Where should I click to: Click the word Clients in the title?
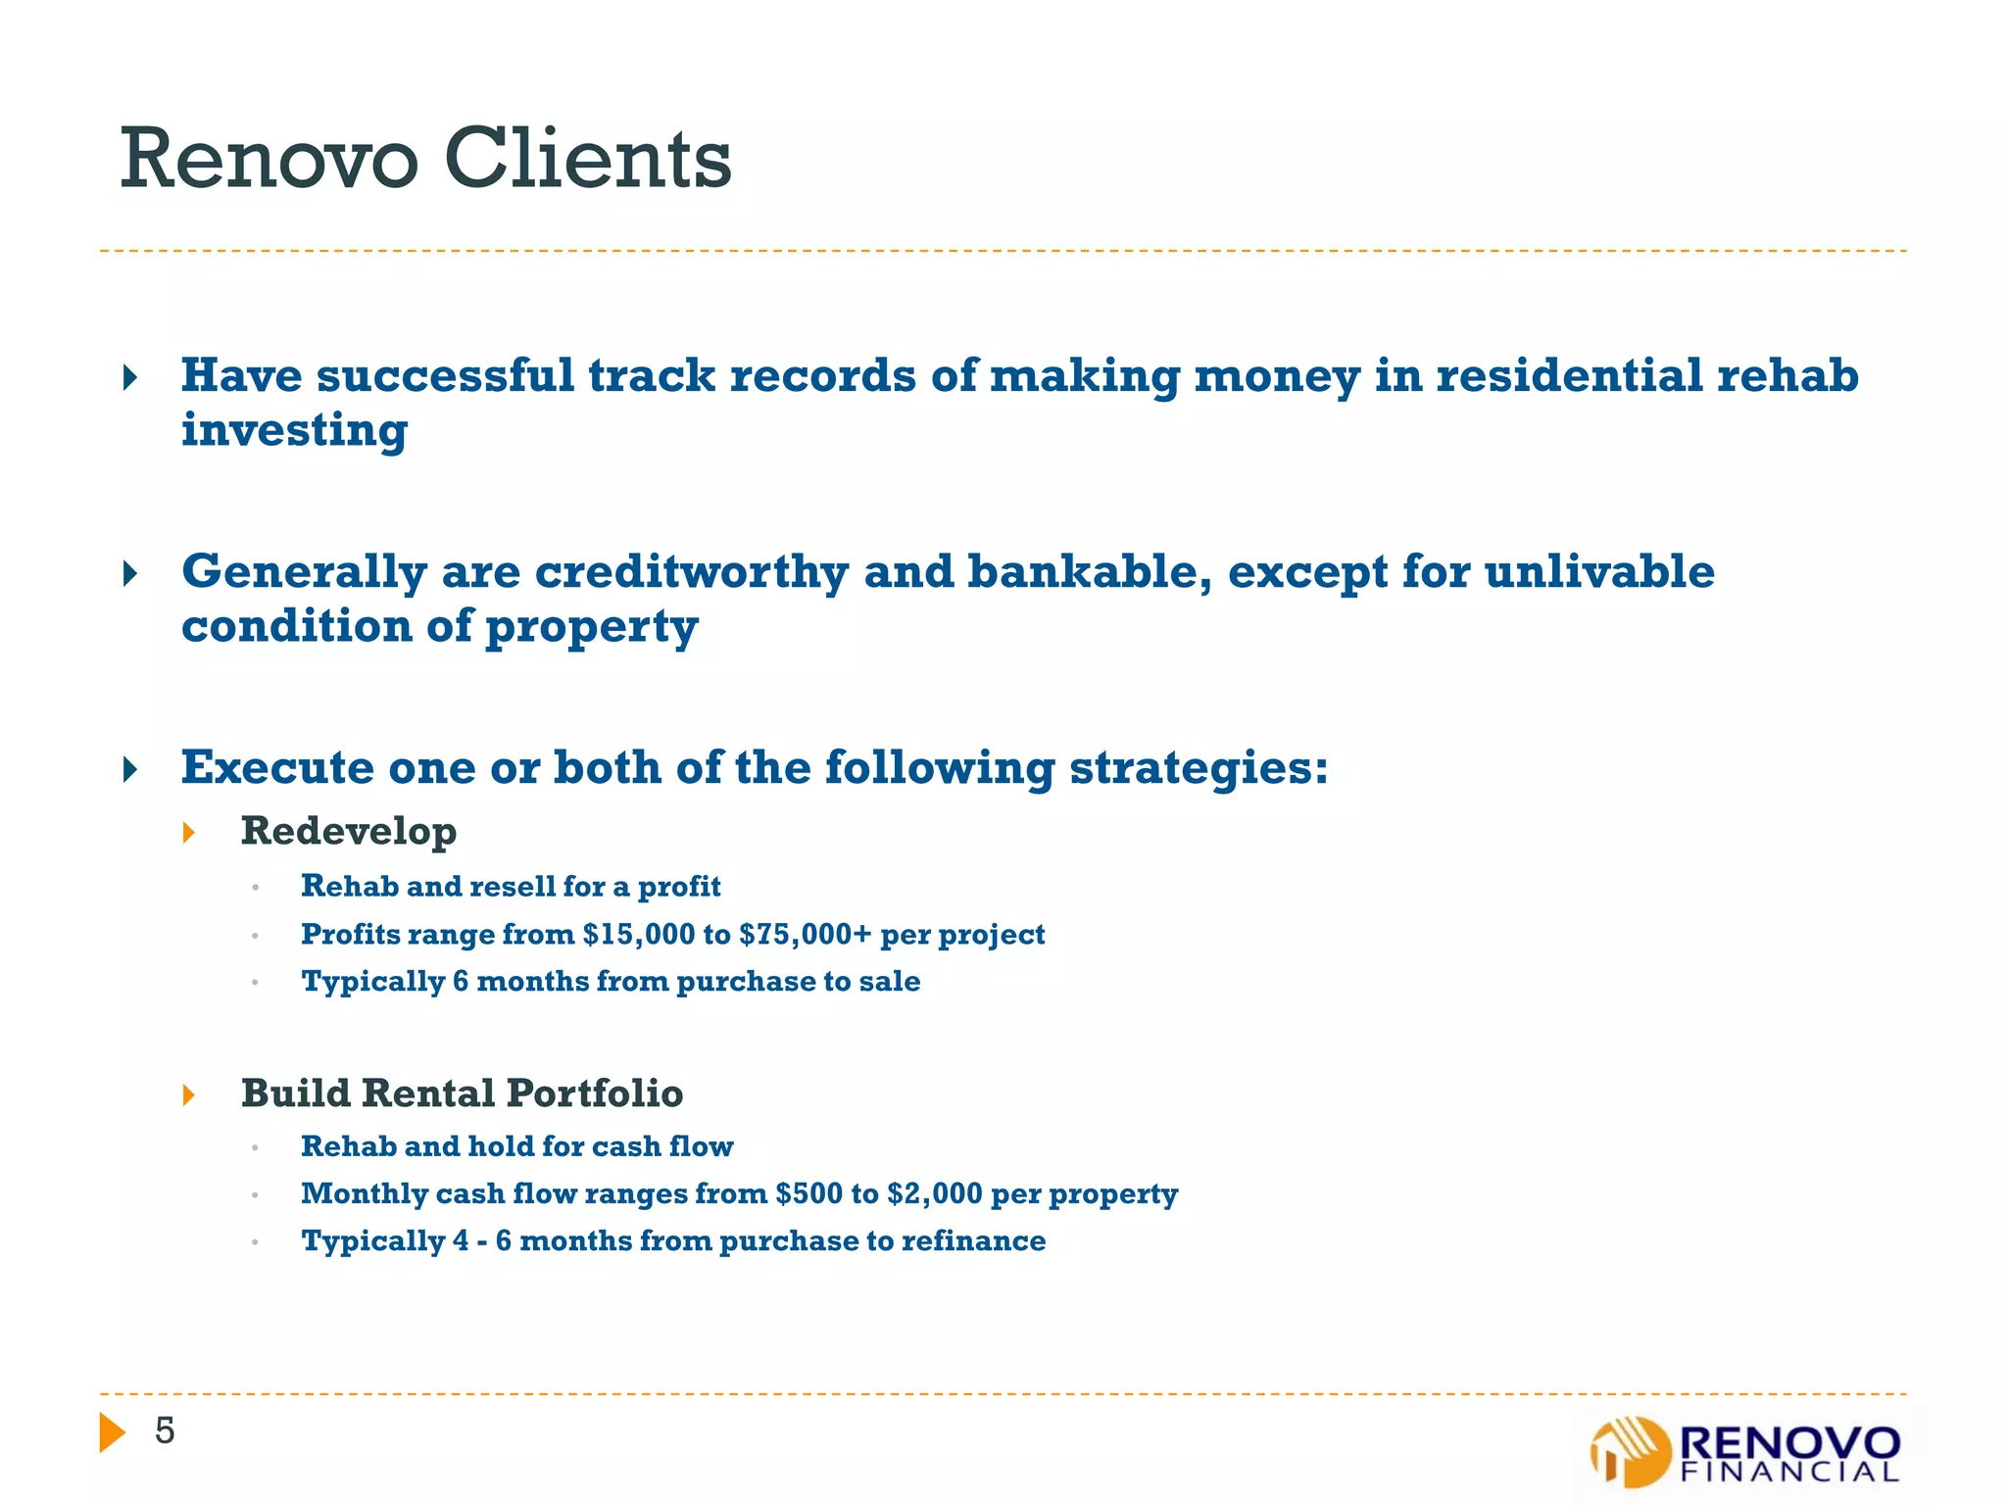(588, 160)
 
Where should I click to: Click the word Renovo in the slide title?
(269, 160)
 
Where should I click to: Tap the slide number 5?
(165, 1432)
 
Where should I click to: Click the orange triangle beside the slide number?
(112, 1432)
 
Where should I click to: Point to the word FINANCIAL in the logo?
(1789, 1472)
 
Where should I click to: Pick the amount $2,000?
(934, 1193)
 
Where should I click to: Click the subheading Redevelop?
(349, 831)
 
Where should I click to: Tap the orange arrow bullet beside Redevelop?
(189, 833)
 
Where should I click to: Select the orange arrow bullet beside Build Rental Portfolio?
(189, 1094)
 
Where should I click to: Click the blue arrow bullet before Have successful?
(130, 377)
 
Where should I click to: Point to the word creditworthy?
(692, 572)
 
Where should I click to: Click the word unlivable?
(1599, 572)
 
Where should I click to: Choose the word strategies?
(1198, 768)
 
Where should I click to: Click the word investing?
(295, 431)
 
